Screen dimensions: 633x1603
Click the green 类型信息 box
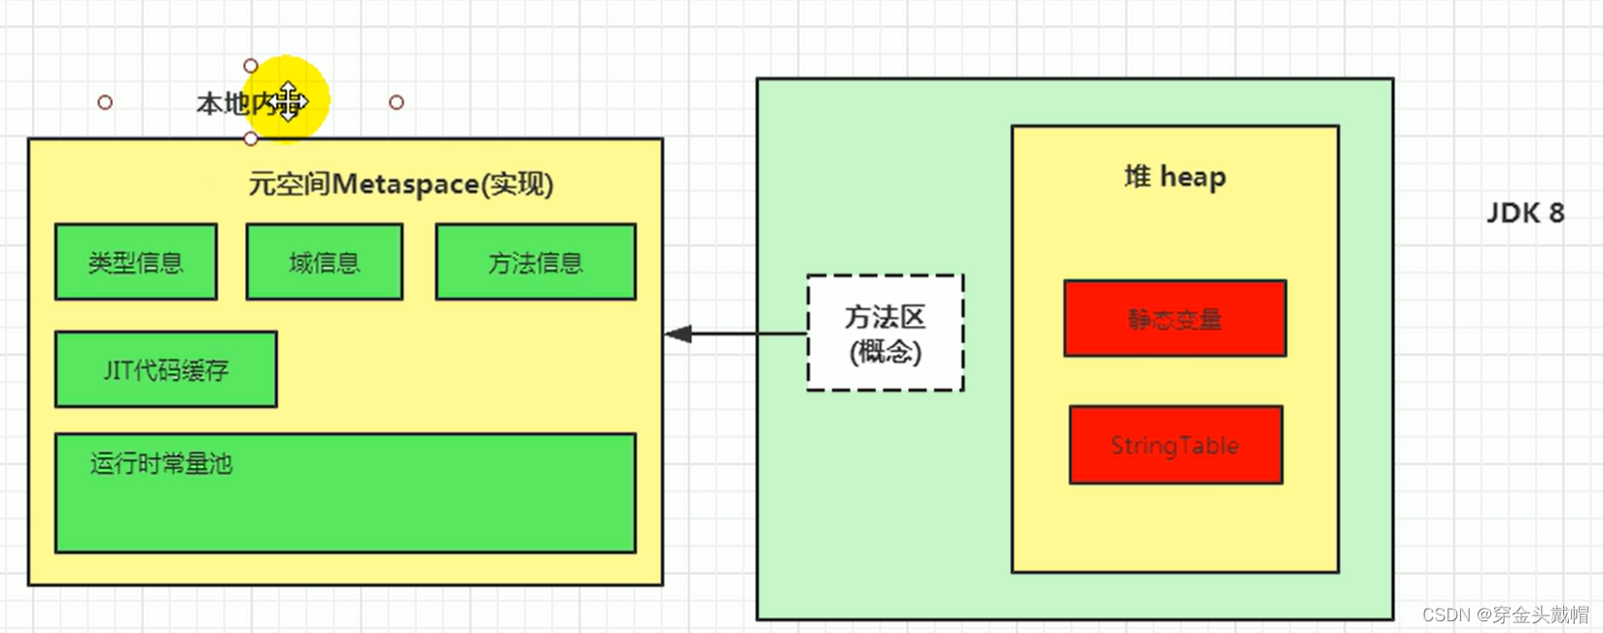tap(135, 262)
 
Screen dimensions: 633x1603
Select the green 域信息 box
tap(324, 262)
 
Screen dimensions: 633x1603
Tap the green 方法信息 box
tap(535, 262)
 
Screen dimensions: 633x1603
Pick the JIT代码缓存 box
tap(165, 369)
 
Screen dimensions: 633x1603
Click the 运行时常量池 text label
tap(161, 464)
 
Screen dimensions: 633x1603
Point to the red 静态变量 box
tap(1174, 319)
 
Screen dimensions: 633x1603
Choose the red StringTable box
tap(1175, 445)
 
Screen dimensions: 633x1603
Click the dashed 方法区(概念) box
tap(885, 334)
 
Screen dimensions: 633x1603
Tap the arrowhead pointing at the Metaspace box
tap(678, 334)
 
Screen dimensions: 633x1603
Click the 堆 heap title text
tap(1174, 177)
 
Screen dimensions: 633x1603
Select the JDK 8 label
tap(1524, 213)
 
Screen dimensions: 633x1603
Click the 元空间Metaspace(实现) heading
tap(401, 184)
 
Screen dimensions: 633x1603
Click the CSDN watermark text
tap(1504, 615)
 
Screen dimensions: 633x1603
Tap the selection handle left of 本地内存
tap(105, 102)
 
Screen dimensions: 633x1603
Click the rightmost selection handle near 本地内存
tap(396, 102)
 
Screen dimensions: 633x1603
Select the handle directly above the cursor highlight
tap(251, 65)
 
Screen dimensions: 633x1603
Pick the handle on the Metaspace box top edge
tap(251, 139)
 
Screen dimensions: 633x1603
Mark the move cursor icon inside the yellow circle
tap(289, 101)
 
